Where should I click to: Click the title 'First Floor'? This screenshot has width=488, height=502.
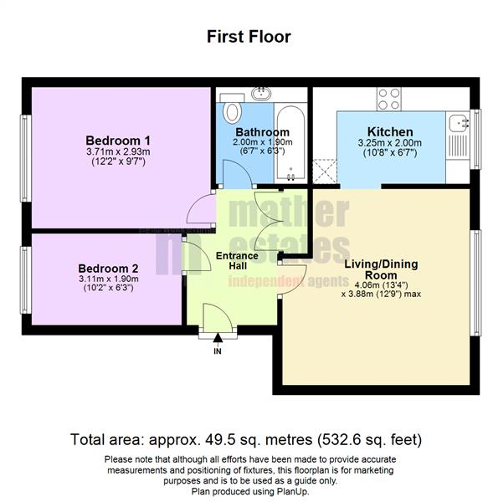point(249,37)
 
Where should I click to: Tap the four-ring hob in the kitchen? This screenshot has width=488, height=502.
point(389,100)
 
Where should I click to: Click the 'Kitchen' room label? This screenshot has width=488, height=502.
point(390,132)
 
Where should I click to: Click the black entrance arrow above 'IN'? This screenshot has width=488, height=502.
point(218,339)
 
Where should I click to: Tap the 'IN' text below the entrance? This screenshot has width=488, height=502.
point(218,351)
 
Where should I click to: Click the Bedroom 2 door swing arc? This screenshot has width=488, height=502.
point(195,255)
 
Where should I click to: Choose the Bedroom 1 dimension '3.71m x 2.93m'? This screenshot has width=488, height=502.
point(118,152)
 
